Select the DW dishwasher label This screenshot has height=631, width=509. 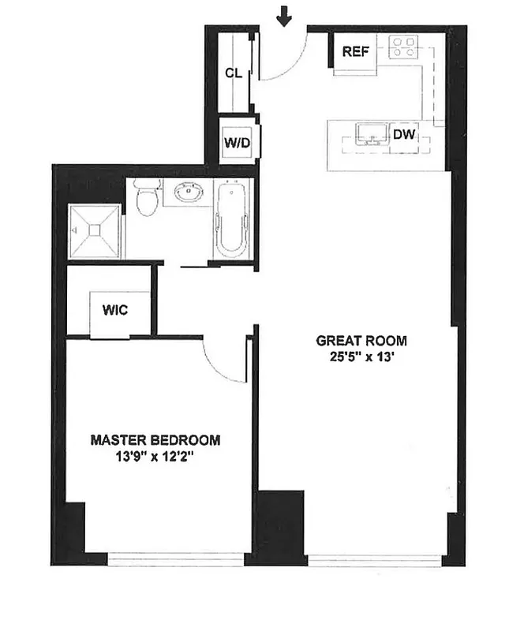coord(404,135)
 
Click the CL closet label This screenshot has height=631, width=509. coord(233,73)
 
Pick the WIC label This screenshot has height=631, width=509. coord(115,309)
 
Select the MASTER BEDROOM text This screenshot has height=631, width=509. coord(155,440)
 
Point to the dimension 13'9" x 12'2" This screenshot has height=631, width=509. coord(155,455)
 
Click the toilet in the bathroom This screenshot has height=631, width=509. coord(146,198)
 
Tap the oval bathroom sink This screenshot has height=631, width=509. coord(186,192)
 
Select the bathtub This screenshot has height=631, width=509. coord(232,218)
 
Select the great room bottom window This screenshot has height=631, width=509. coord(375,561)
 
